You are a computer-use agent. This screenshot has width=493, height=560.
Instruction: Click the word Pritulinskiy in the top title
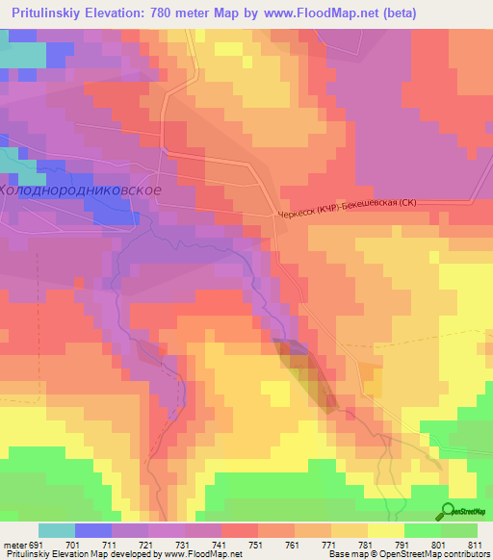(x=54, y=14)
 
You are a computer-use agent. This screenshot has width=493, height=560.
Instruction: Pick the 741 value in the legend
(x=222, y=545)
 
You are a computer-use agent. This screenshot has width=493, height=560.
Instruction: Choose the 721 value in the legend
(x=149, y=545)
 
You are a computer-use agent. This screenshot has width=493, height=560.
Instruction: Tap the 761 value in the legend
(x=295, y=545)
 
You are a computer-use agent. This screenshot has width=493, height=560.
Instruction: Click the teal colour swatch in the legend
(x=57, y=530)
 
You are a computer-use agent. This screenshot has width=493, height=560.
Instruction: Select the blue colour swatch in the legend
(x=93, y=530)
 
